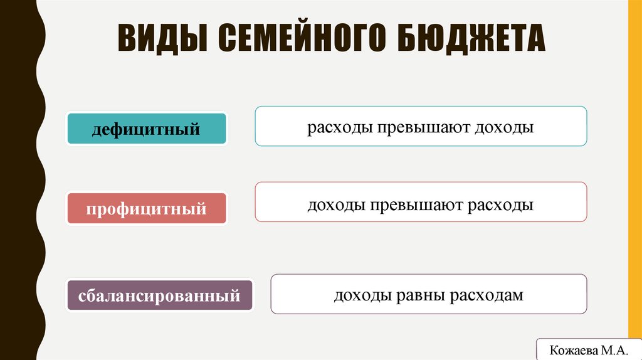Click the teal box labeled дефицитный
[x=146, y=129]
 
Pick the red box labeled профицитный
[x=146, y=207]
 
